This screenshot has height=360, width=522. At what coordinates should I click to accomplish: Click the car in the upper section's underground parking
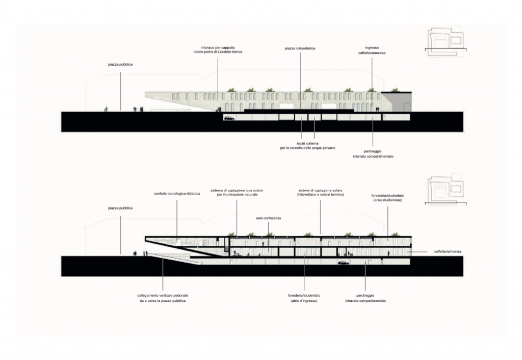click(229, 118)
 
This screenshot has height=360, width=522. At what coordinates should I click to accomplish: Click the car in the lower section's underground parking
click(343, 263)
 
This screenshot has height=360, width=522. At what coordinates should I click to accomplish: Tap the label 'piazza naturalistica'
click(300, 48)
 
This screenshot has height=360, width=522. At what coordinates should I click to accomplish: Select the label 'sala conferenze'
click(268, 218)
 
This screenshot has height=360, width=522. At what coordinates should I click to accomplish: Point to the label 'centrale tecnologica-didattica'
click(177, 193)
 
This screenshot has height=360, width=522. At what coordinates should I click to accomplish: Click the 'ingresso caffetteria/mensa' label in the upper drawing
click(372, 50)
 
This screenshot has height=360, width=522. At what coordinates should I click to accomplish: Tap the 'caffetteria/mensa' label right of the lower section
click(448, 251)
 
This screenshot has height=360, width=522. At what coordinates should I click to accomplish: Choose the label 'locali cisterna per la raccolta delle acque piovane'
click(307, 145)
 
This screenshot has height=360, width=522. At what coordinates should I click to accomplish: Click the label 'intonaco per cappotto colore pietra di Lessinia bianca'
click(218, 49)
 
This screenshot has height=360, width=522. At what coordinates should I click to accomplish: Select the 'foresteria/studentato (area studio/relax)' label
click(387, 198)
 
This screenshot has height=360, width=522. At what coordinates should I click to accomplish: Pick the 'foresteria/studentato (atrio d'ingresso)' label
click(304, 298)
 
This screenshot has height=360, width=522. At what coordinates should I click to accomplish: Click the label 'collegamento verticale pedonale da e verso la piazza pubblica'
click(163, 298)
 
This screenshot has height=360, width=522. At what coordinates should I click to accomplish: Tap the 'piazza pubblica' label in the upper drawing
click(120, 64)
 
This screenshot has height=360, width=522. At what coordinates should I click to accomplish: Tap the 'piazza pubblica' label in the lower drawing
click(120, 208)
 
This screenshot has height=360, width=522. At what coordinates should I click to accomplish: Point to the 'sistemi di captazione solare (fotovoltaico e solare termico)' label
click(320, 192)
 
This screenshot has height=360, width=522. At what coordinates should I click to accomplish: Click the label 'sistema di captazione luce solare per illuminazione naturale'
click(237, 192)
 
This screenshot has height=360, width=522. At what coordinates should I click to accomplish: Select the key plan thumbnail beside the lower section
click(446, 190)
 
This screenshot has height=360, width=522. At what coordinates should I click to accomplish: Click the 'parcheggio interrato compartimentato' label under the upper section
click(373, 154)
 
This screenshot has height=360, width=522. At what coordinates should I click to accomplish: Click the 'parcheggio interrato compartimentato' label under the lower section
click(366, 298)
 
